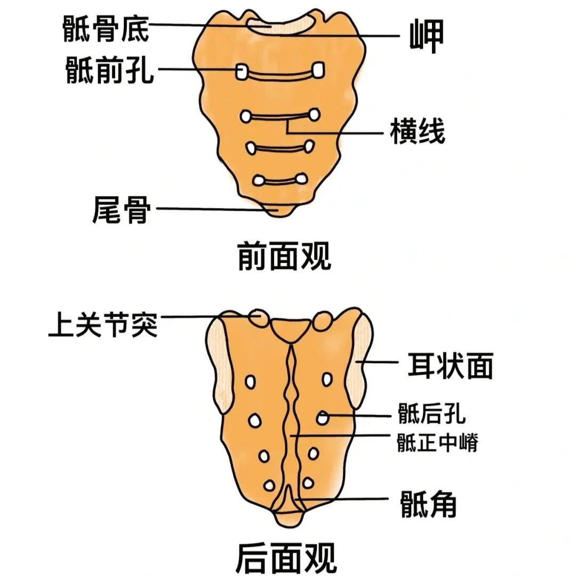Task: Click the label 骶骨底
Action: pos(106,29)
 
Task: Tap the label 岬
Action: pos(426,36)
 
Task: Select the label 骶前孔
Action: pos(109,70)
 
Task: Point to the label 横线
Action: pos(417,131)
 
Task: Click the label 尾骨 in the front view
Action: pos(121,210)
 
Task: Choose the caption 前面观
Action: pos(284,256)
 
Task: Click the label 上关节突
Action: pos(103,324)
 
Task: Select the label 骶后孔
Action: pos(431,414)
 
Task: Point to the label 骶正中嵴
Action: pos(437,442)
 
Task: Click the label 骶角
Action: pos(428,504)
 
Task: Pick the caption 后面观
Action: pos(286,559)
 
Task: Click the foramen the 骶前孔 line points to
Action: pos(242,71)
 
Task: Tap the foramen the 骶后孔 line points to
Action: pos(323,418)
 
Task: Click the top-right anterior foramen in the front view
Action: pos(318,70)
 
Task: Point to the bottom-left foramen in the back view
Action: pos(269,485)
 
